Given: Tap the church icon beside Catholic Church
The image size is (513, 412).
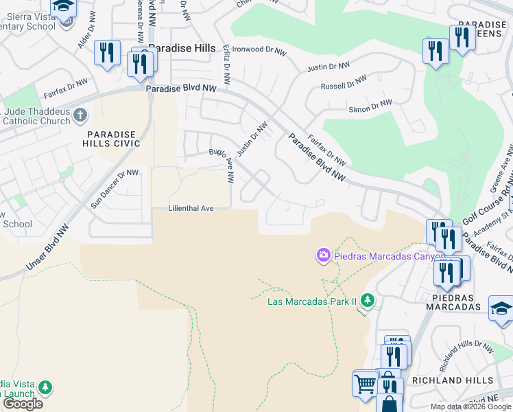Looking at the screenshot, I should (x=80, y=114).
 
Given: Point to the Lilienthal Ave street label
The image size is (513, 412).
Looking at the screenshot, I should (x=192, y=208).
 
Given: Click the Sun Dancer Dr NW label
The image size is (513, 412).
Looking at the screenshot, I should (x=115, y=189).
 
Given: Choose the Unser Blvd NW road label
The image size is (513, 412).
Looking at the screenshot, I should (x=49, y=248).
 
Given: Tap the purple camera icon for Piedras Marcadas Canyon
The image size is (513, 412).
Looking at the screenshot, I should (x=322, y=255).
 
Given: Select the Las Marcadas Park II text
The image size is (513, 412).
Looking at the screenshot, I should (x=313, y=301).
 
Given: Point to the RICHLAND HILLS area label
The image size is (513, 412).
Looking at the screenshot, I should (x=452, y=380).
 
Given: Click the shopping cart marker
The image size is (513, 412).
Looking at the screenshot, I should (x=366, y=383).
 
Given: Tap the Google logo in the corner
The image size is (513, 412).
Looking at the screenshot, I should (x=23, y=403).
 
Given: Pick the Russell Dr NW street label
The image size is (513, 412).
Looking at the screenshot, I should (x=344, y=85).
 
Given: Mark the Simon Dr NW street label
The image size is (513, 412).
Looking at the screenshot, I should (x=370, y=106).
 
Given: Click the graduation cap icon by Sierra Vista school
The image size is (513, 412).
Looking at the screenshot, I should (x=64, y=7).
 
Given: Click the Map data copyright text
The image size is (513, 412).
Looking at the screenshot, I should (x=470, y=407).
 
